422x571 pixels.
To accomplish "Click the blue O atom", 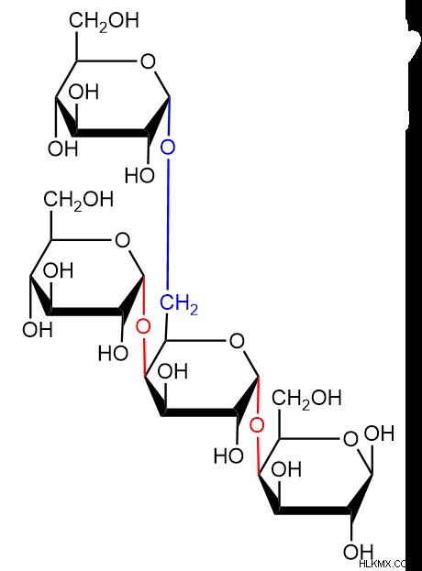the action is pyautogui.click(x=168, y=148).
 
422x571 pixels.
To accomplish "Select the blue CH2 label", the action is pyautogui.click(x=179, y=304).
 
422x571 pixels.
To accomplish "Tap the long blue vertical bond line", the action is pyautogui.click(x=168, y=223).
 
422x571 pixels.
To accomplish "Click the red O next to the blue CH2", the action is pyautogui.click(x=143, y=326).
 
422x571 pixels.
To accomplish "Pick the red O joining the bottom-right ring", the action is pyautogui.click(x=257, y=424).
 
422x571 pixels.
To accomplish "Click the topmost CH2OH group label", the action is pyautogui.click(x=105, y=21).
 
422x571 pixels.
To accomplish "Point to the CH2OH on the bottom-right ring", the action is pyautogui.click(x=306, y=398).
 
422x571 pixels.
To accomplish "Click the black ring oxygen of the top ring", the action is pyautogui.click(x=148, y=61).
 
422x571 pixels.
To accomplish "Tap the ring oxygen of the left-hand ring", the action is pyautogui.click(x=122, y=240).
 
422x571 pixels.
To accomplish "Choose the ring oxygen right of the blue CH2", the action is pyautogui.click(x=237, y=341).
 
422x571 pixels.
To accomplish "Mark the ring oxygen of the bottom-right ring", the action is pyautogui.click(x=350, y=439).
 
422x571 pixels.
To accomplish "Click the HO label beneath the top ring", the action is pyautogui.click(x=140, y=176).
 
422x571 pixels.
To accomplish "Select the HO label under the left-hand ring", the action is pyautogui.click(x=113, y=353).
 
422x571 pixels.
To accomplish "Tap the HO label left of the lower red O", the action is pyautogui.click(x=228, y=456).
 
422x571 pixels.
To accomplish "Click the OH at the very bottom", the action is pyautogui.click(x=358, y=552).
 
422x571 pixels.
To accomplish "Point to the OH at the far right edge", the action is pyautogui.click(x=380, y=434).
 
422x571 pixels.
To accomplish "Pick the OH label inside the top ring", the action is pyautogui.click(x=83, y=92).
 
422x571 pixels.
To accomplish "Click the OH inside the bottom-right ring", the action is pyautogui.click(x=286, y=469).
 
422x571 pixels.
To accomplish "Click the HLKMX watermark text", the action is pyautogui.click(x=383, y=565).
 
